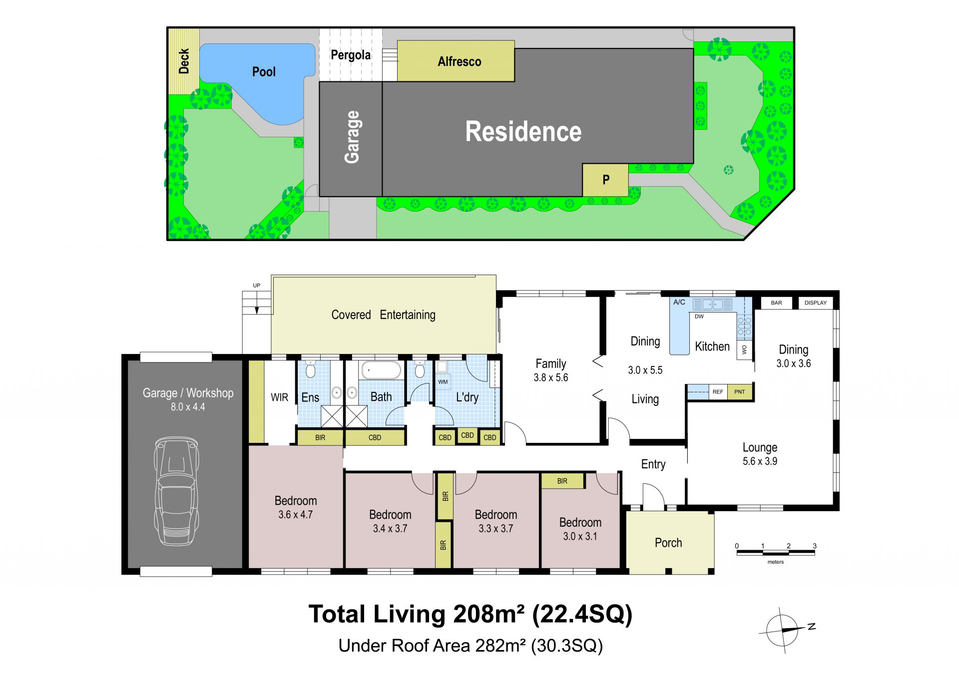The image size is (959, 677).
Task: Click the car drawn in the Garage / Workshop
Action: pyautogui.click(x=176, y=492)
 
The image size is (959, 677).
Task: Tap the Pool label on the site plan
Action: pyautogui.click(x=264, y=72)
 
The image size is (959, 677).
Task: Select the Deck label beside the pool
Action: pyautogui.click(x=184, y=61)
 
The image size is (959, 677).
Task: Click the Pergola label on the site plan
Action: pyautogui.click(x=351, y=55)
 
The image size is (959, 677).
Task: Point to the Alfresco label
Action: pyautogui.click(x=460, y=61)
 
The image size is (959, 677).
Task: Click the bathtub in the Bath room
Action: pyautogui.click(x=381, y=371)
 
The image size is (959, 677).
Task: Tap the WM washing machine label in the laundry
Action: pyautogui.click(x=443, y=382)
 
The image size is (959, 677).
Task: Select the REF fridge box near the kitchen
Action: pyautogui.click(x=718, y=392)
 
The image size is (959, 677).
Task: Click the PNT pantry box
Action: pyautogui.click(x=740, y=392)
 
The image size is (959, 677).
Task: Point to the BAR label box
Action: pyautogui.click(x=776, y=303)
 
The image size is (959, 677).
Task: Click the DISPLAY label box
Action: pyautogui.click(x=816, y=303)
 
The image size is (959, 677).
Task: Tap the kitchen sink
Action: pyautogui.click(x=713, y=304)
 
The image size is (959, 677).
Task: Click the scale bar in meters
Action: pyautogui.click(x=776, y=552)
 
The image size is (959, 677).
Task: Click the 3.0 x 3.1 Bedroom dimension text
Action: pyautogui.click(x=580, y=536)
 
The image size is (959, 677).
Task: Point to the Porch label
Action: pyautogui.click(x=668, y=543)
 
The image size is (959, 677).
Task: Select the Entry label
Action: pyautogui.click(x=653, y=464)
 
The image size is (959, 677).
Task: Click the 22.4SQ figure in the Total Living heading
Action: pyautogui.click(x=582, y=614)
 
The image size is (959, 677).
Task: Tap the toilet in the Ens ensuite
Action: pyautogui.click(x=310, y=370)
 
